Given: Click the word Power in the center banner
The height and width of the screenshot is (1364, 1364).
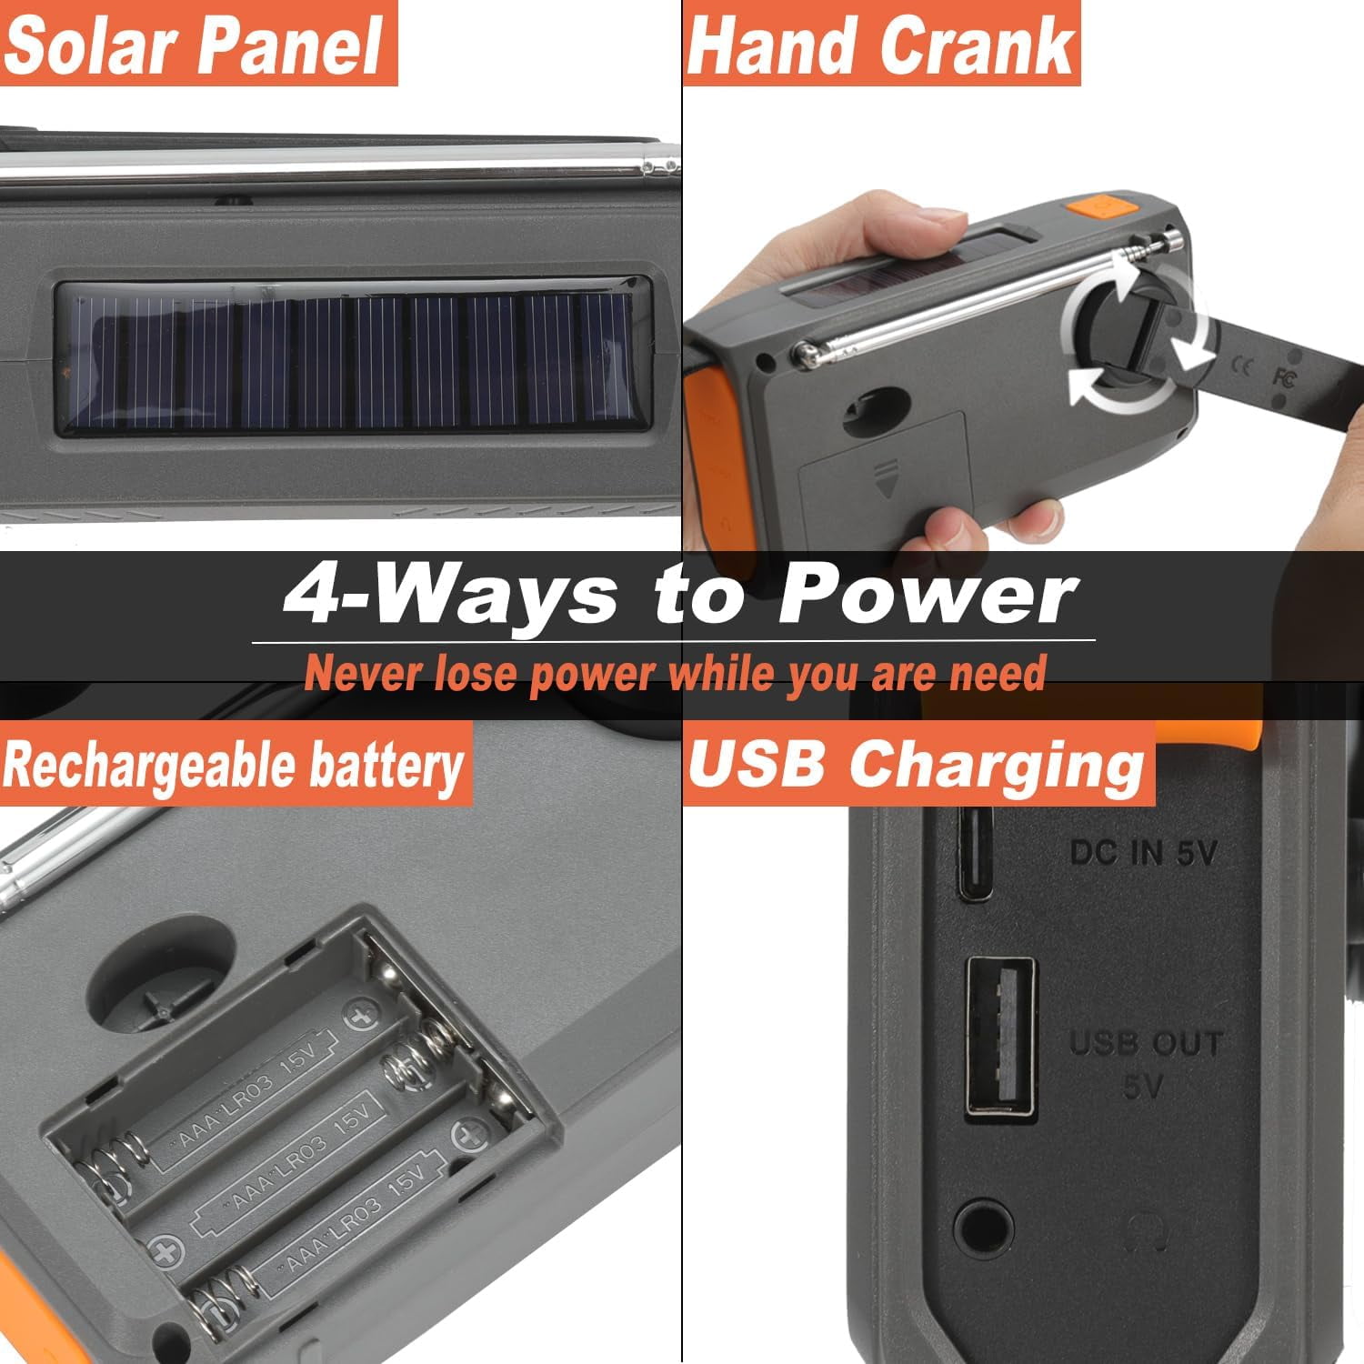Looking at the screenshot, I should [x=928, y=596].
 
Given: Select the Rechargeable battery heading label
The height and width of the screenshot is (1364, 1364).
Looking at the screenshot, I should [x=234, y=765].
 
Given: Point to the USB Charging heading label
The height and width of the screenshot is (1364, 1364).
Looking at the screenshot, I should [x=917, y=764].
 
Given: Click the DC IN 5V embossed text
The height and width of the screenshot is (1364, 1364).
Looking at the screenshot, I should [x=1142, y=852].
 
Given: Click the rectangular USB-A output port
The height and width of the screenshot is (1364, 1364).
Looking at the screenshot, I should [x=999, y=1037].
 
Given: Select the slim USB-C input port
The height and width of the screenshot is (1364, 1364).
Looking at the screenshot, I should [x=975, y=851].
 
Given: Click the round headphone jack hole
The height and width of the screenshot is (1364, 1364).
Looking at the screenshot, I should [x=985, y=1227].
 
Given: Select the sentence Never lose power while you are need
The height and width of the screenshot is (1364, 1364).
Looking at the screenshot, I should [x=675, y=674].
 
